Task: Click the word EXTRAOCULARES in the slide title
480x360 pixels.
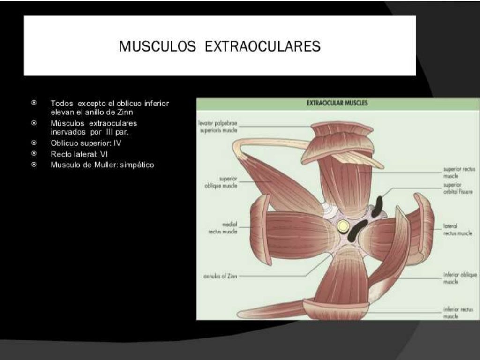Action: tap(263, 46)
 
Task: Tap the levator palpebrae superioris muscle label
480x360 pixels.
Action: tap(218, 127)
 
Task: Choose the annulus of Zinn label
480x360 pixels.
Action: tap(220, 276)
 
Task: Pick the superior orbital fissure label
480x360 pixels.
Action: tap(458, 188)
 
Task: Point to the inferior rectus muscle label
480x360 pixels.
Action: tap(457, 313)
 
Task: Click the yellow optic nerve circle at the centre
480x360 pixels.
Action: tap(343, 226)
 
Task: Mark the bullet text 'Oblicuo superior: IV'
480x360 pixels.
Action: tap(86, 143)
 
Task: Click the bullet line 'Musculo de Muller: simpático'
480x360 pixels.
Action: tap(102, 165)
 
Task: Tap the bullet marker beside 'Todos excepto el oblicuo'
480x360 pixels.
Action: tap(34, 102)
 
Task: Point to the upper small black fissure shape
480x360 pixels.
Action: tap(377, 206)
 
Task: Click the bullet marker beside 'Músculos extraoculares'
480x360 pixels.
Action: tap(34, 123)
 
